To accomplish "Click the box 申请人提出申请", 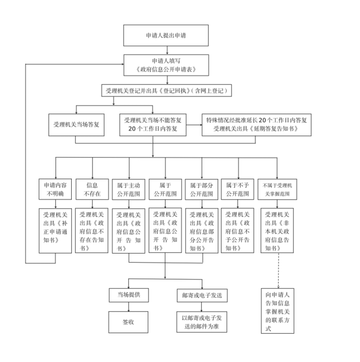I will click(166, 35).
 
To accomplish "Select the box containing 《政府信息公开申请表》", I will click(166, 65).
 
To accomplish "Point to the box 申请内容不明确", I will click(55, 189).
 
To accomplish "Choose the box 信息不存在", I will click(92, 189).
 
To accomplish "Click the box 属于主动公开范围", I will click(129, 189).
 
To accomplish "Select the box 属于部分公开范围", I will click(203, 189).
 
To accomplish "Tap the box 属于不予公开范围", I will click(238, 189).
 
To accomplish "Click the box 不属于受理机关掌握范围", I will click(277, 189).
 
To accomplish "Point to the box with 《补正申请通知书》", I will click(55, 230).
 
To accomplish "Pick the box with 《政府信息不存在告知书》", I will click(92, 230).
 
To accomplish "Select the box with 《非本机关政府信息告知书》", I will click(277, 230).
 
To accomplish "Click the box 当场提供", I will click(128, 295).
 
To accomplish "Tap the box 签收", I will click(128, 322).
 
